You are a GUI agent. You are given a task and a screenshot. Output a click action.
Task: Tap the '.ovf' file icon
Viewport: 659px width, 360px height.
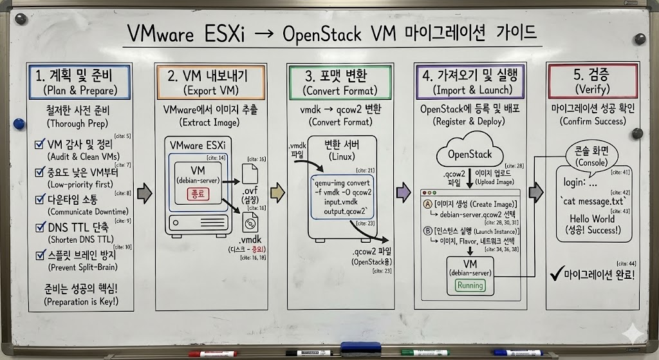(x=250, y=173)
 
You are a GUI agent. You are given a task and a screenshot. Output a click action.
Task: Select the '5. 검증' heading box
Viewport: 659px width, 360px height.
(x=595, y=81)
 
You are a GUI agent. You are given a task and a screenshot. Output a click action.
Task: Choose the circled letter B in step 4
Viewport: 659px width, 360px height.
(x=427, y=231)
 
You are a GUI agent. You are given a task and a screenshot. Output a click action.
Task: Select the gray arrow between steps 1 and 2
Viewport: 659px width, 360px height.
(x=145, y=192)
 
